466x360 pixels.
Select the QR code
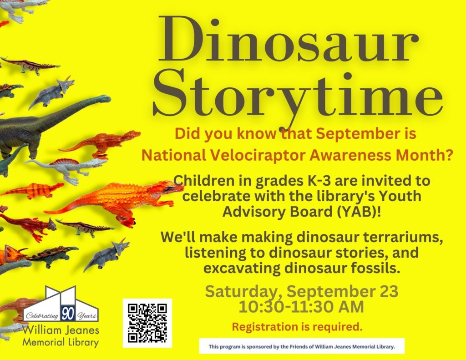[147, 323]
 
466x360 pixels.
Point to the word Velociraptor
[258, 155]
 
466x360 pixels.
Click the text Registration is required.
[297, 326]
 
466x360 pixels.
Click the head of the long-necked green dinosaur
[103, 98]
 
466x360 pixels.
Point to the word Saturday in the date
[243, 291]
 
